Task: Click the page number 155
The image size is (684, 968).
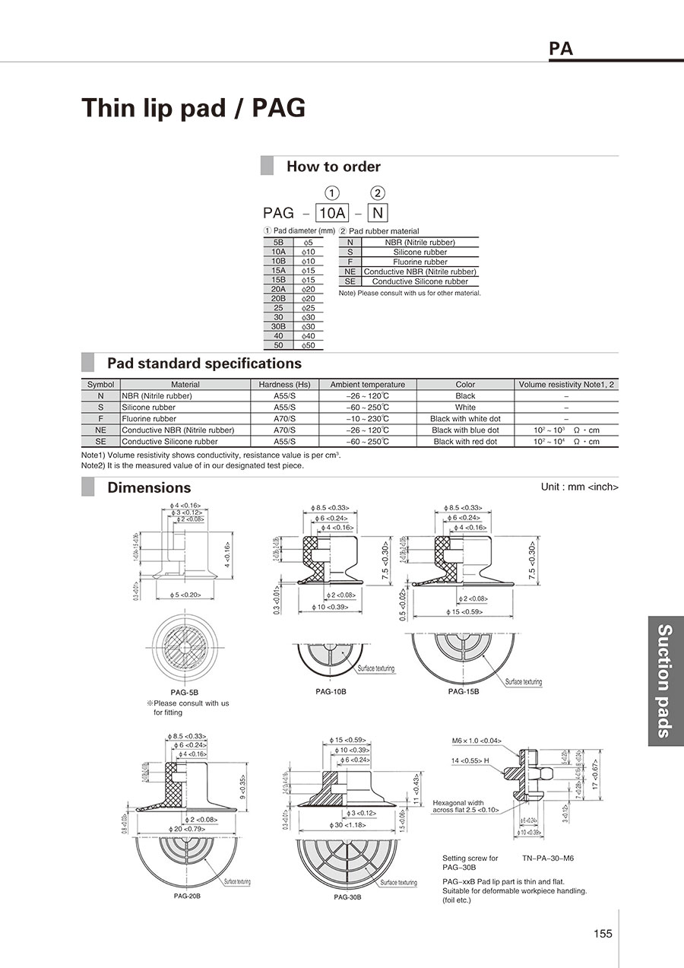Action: click(603, 934)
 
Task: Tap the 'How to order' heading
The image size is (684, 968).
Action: click(333, 167)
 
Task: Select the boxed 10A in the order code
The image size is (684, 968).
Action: click(332, 214)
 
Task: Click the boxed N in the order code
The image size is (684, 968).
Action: click(377, 214)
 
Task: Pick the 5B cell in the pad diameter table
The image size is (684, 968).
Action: click(278, 242)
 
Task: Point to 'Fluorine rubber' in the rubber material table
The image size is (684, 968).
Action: click(420, 262)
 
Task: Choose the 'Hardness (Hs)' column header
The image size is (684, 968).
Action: click(284, 385)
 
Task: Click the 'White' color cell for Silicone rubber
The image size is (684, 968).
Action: click(465, 408)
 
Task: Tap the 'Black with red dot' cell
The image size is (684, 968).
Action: click(465, 442)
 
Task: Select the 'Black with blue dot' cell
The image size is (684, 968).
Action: click(465, 430)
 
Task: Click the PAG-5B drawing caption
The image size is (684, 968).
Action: click(185, 693)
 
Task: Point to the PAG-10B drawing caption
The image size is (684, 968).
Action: click(332, 690)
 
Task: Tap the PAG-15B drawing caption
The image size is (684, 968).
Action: click(464, 691)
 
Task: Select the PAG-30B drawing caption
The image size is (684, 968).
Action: click(347, 897)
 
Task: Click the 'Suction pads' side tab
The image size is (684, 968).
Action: click(665, 681)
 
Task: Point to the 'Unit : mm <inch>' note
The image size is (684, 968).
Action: click(579, 487)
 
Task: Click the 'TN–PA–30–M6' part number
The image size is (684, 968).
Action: click(548, 858)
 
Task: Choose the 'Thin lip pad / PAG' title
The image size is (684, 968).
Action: click(194, 108)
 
